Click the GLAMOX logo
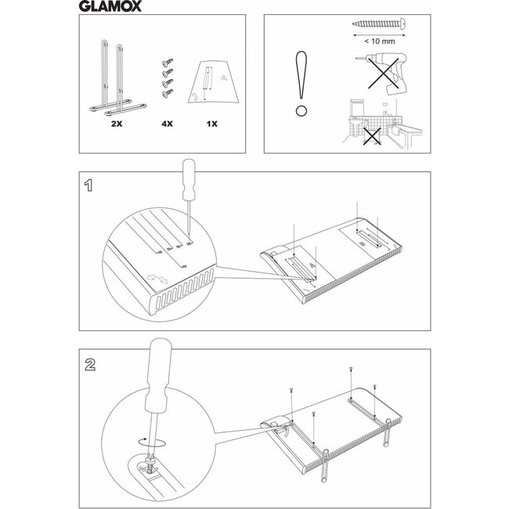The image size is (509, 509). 109,9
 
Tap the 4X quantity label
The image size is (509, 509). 166,123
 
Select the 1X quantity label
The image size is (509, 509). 212,123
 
